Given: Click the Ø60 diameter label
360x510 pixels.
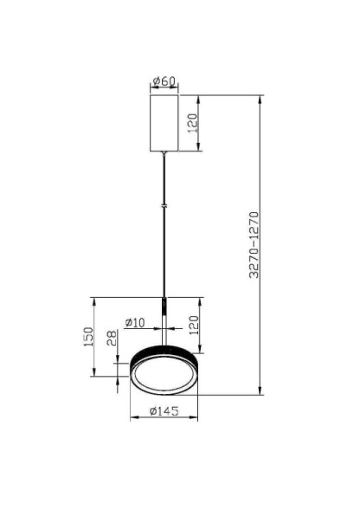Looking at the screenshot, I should (x=164, y=82).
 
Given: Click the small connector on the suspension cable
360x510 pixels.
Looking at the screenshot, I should (x=164, y=206).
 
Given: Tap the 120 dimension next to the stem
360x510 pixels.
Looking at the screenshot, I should (x=195, y=326).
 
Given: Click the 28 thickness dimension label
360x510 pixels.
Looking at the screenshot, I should (x=112, y=339).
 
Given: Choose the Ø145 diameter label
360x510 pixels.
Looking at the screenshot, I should (x=164, y=412).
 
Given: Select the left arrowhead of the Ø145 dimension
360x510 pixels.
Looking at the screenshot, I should (x=132, y=420).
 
